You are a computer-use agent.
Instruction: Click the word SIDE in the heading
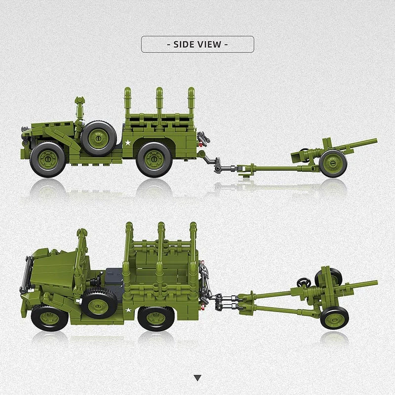coord(183,44)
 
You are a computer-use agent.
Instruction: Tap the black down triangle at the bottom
coord(197,378)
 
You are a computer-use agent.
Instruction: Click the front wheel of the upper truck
coord(47,159)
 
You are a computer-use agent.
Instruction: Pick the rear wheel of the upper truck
coord(154,159)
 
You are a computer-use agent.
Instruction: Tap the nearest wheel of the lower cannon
coord(334,317)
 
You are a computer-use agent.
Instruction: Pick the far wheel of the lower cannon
coord(334,277)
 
